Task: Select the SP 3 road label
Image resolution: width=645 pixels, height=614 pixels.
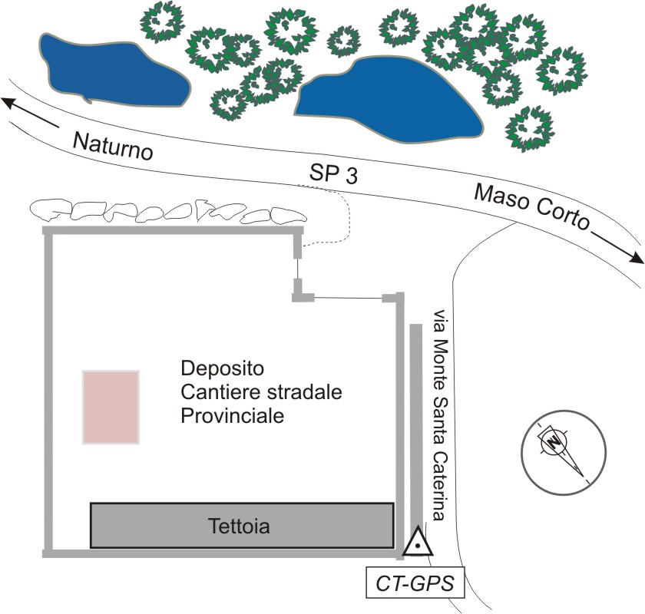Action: pyautogui.click(x=334, y=174)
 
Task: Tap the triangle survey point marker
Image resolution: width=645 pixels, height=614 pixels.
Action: pyautogui.click(x=415, y=544)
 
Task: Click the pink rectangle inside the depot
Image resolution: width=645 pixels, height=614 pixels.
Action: pyautogui.click(x=111, y=407)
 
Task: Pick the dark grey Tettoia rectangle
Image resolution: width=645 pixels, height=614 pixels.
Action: pyautogui.click(x=242, y=526)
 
